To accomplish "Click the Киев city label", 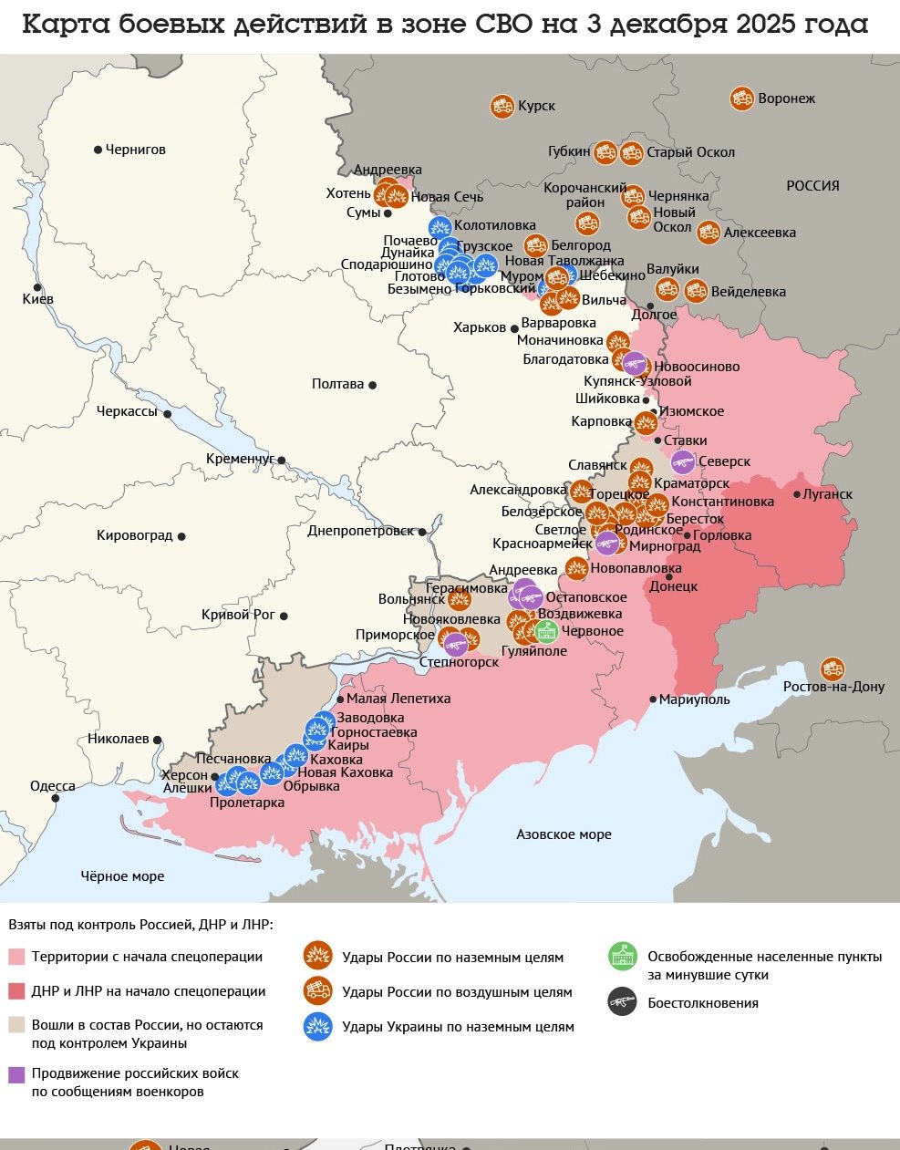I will point(38,299).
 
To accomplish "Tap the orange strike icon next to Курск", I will point(501,106).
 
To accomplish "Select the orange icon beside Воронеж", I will point(741,98).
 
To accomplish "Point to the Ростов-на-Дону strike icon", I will point(832,669).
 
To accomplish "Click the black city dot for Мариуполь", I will point(653,699).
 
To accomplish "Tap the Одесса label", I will point(53,786).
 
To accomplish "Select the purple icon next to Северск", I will point(683,462).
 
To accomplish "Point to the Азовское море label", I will point(564,834).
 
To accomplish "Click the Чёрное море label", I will point(122,876).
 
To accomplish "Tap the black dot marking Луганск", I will point(796,494).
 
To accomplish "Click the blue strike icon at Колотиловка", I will point(440,226).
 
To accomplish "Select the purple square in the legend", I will point(16,1074).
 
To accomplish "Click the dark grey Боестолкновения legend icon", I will point(622,1003).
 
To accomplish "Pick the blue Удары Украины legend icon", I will point(316,1027).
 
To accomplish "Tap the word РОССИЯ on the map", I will point(812,186).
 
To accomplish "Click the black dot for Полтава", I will point(372,385).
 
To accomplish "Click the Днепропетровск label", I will point(360,531).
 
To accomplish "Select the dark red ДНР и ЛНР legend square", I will point(16,991).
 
